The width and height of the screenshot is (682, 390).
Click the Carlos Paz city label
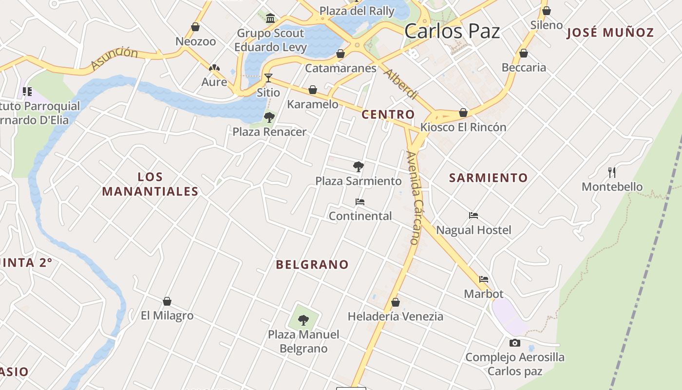tap(452, 32)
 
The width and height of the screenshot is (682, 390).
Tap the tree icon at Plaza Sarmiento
tap(359, 167)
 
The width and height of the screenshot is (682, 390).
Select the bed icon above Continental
tap(360, 201)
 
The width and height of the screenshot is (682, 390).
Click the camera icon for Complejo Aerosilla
tap(515, 343)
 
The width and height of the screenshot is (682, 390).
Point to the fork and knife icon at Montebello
tap(612, 172)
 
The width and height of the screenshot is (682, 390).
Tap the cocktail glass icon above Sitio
tap(268, 78)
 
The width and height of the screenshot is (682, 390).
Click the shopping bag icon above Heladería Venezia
tap(396, 302)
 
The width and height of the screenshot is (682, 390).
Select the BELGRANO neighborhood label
tap(312, 265)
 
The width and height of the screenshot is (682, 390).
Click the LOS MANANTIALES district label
tap(150, 184)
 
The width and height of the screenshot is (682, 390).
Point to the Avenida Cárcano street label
tap(413, 197)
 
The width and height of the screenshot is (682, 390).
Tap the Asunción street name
tap(114, 58)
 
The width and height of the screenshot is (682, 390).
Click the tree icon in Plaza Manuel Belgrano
tap(303, 320)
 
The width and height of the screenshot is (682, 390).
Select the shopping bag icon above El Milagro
tap(167, 301)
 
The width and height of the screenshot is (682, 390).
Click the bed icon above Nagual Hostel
tap(474, 215)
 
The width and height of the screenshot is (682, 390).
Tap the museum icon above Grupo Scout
tap(270, 19)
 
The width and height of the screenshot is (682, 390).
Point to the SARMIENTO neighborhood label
tap(488, 178)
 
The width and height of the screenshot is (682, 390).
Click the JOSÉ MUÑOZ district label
tap(610, 33)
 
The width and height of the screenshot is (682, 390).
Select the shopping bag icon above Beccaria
tap(524, 53)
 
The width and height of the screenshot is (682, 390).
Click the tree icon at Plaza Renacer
tap(269, 117)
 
